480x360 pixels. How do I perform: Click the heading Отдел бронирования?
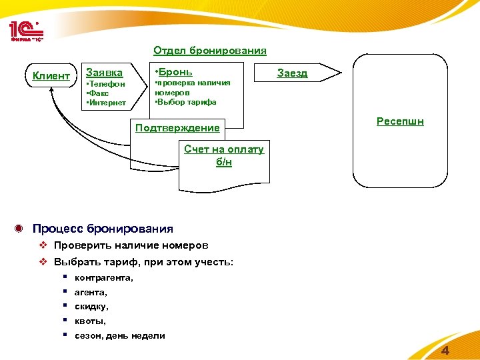click(x=209, y=51)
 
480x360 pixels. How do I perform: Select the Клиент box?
click(x=51, y=75)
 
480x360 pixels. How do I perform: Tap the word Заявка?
click(x=105, y=73)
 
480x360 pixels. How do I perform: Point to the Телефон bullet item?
click(x=107, y=85)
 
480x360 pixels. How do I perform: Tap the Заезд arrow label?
click(x=292, y=73)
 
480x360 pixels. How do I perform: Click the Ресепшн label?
click(x=400, y=121)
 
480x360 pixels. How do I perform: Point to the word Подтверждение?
click(x=177, y=127)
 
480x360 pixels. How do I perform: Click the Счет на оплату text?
click(x=224, y=149)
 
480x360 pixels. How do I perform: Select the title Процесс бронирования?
click(x=103, y=229)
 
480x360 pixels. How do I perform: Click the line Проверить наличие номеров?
click(x=131, y=245)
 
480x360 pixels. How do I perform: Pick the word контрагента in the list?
click(x=104, y=277)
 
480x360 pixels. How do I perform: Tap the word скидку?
click(x=91, y=307)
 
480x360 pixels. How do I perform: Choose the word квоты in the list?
click(x=90, y=321)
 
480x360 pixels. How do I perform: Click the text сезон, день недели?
click(x=120, y=336)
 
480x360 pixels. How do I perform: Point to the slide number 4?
click(x=445, y=351)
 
